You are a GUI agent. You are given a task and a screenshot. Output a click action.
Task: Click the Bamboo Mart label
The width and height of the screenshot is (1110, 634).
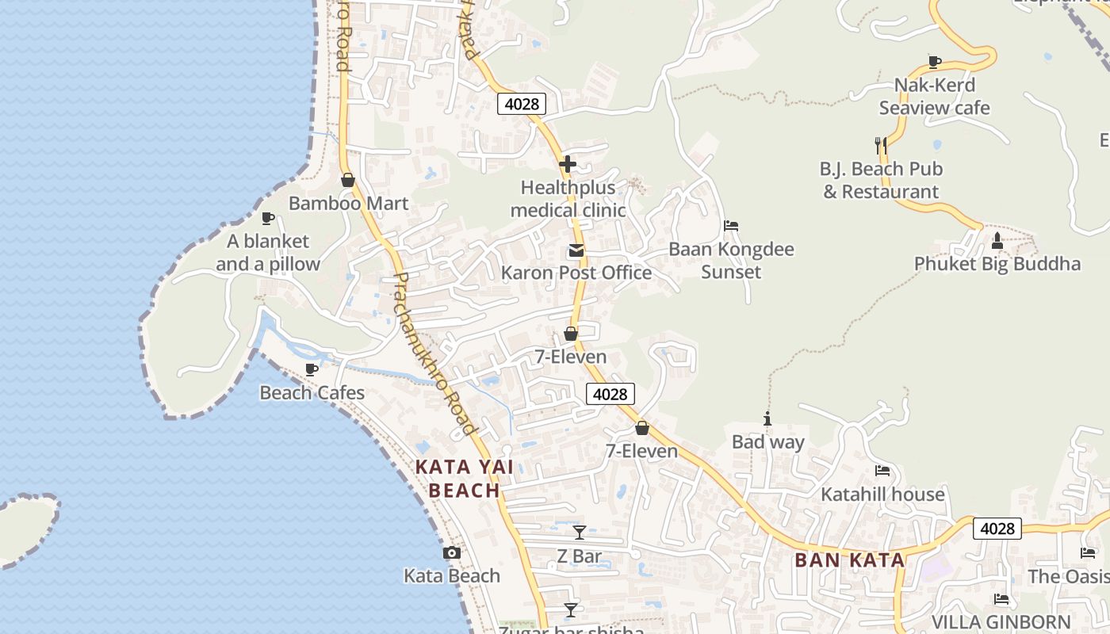(x=348, y=204)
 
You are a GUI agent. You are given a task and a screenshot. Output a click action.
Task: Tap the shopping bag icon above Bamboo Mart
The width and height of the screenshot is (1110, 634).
(x=347, y=181)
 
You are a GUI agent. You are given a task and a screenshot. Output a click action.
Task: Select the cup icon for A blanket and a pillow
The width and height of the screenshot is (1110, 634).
(x=268, y=218)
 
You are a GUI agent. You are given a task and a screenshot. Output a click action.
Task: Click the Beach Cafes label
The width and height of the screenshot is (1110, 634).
(x=312, y=393)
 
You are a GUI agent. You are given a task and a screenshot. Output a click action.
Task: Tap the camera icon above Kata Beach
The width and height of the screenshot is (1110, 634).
(x=452, y=553)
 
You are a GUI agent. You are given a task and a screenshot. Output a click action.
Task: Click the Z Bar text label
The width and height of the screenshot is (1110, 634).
(x=580, y=556)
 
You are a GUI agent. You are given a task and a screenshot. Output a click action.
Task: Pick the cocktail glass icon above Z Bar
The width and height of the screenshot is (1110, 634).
(x=580, y=533)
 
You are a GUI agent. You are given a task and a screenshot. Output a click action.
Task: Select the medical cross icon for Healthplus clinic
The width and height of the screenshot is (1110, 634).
(x=568, y=164)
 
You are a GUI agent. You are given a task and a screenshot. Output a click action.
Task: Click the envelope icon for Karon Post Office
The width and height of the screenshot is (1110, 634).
(x=576, y=251)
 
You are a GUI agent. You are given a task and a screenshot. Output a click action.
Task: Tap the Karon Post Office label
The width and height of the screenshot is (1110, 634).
(x=576, y=273)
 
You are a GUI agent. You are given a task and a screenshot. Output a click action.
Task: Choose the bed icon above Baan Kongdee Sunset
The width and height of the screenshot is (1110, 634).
(x=731, y=226)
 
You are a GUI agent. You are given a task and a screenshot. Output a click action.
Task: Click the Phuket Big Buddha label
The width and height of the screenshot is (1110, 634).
(x=997, y=264)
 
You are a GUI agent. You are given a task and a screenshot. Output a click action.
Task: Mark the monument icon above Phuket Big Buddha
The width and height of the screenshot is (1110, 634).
(x=997, y=240)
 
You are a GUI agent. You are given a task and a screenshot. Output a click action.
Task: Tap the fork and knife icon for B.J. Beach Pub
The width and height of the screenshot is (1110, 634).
(x=881, y=146)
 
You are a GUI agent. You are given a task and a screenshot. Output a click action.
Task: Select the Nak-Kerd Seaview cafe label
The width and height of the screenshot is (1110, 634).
(x=935, y=96)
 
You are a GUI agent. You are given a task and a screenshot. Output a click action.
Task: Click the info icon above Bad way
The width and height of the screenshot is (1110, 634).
(x=767, y=418)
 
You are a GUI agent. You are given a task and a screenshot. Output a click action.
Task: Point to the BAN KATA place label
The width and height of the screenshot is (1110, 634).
(x=849, y=560)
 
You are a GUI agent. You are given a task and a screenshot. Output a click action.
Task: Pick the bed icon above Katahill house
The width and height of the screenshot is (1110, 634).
(x=882, y=471)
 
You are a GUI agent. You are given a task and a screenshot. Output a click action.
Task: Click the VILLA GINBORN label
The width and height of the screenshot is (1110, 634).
(x=1001, y=622)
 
